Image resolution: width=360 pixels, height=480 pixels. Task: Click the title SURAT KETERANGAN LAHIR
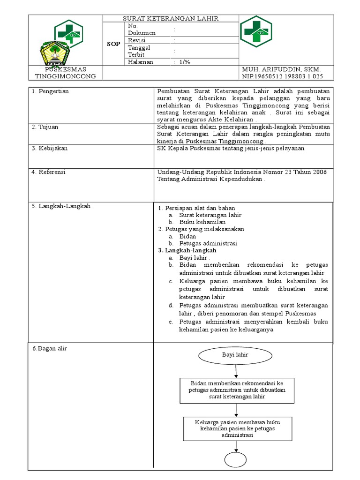click(x=171, y=18)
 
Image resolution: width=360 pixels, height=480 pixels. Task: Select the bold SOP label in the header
click(x=114, y=44)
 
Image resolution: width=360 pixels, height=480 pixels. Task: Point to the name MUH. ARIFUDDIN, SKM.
click(x=280, y=69)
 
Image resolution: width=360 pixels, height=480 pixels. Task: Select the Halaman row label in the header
click(x=140, y=62)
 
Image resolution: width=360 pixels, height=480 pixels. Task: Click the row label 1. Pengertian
click(x=50, y=91)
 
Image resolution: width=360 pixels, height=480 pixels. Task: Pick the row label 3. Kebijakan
click(x=50, y=148)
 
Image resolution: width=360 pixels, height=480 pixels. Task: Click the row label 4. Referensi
click(x=49, y=172)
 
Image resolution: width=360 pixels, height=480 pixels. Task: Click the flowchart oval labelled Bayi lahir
click(x=235, y=355)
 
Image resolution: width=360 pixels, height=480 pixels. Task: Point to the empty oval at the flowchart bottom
click(x=235, y=459)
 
